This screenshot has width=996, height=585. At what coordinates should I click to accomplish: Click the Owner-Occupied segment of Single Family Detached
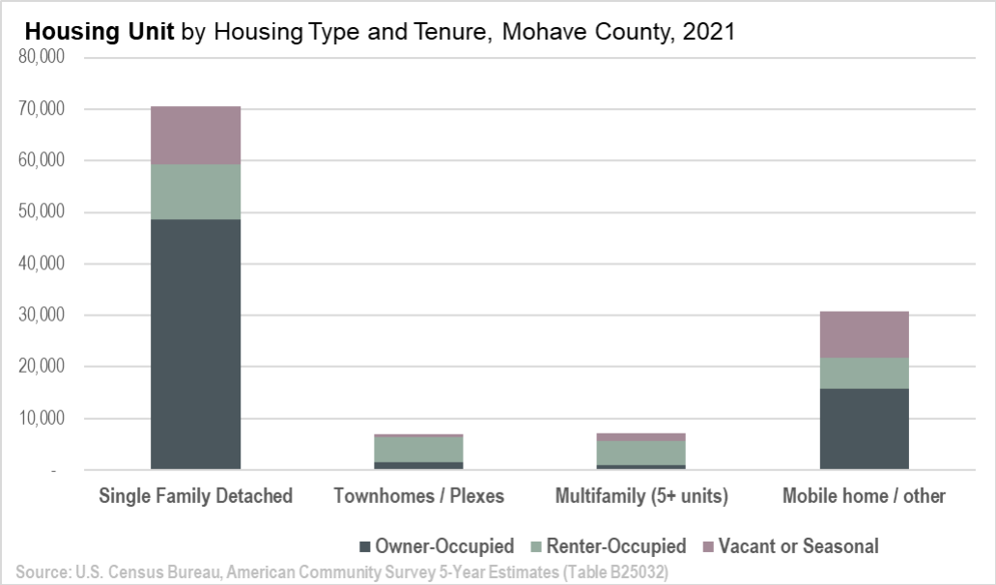(x=195, y=344)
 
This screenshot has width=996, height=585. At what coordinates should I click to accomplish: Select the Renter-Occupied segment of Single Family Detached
(x=195, y=191)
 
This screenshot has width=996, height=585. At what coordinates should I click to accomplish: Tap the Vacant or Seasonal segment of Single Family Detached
(x=195, y=135)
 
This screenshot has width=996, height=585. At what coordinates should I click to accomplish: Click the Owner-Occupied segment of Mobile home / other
(x=864, y=429)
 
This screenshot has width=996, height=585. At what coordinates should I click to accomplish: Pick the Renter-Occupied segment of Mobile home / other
(x=864, y=374)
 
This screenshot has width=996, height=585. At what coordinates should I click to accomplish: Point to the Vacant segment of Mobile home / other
(x=864, y=334)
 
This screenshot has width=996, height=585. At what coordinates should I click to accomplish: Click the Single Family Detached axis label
(x=195, y=496)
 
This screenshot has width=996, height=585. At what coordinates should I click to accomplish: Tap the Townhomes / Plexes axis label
(x=418, y=496)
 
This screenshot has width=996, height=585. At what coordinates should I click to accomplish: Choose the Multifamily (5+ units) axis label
(x=640, y=496)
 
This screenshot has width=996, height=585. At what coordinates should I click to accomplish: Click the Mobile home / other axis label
(x=864, y=496)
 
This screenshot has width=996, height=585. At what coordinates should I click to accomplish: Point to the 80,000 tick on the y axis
(x=42, y=57)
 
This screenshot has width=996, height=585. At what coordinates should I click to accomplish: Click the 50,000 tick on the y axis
(x=42, y=212)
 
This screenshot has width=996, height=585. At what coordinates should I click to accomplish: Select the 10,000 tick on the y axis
(x=42, y=419)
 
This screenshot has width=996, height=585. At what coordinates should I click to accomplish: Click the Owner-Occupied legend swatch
(x=364, y=547)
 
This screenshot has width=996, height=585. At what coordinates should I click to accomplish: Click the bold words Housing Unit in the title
(x=100, y=31)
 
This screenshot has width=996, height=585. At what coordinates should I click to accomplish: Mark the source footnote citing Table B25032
(x=342, y=572)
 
